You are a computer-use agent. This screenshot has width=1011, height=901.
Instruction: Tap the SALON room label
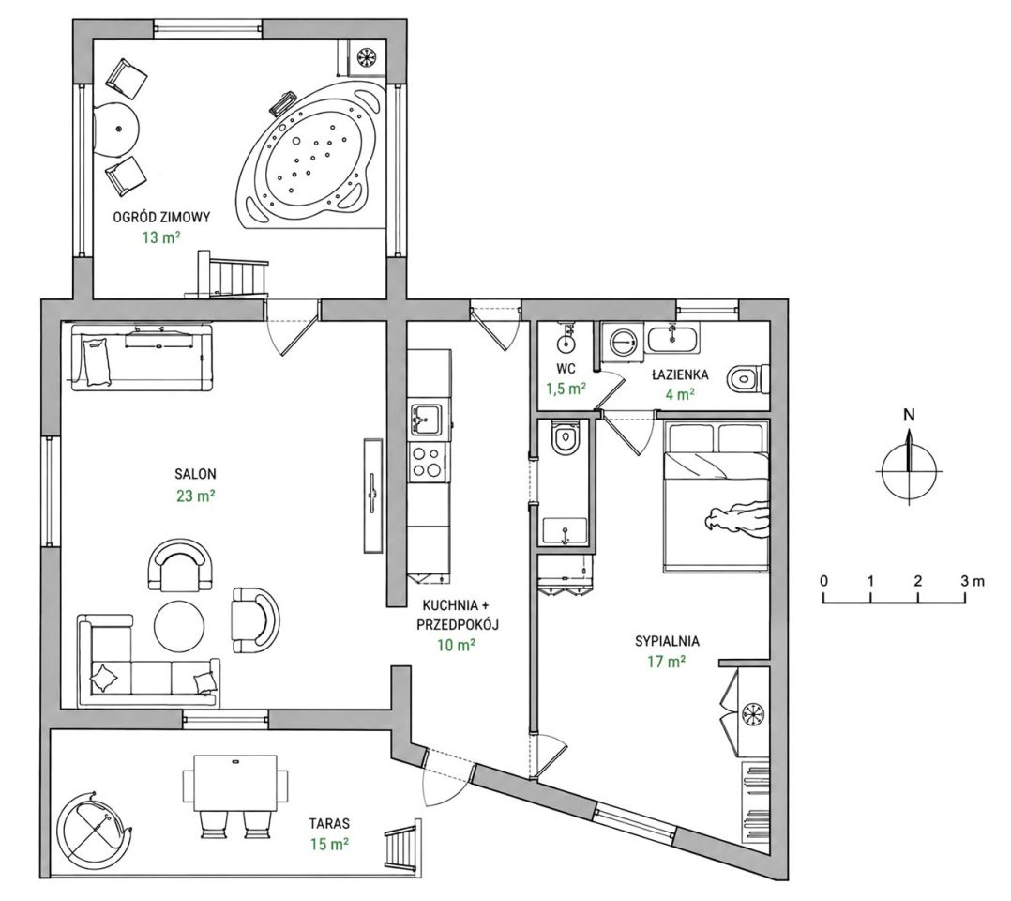(x=195, y=474)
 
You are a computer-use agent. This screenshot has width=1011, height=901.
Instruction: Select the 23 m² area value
(x=195, y=496)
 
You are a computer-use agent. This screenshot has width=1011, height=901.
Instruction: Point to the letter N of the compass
(x=909, y=415)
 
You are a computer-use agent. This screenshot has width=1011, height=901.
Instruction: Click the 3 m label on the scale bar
(x=973, y=581)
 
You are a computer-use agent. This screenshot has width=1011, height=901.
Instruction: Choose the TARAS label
(x=329, y=823)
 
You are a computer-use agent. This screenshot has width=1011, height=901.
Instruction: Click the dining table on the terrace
(x=235, y=782)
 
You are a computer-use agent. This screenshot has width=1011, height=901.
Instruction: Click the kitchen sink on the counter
(x=427, y=419)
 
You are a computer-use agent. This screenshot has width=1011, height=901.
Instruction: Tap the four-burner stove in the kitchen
(x=427, y=462)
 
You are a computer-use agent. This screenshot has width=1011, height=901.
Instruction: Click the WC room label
(x=566, y=370)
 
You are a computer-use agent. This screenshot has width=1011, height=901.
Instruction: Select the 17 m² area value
(x=667, y=663)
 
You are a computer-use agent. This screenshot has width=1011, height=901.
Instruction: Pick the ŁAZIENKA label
(x=680, y=375)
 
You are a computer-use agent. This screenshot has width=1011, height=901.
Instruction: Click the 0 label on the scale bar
(x=824, y=581)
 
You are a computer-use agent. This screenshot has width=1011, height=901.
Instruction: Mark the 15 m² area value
(x=329, y=844)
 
